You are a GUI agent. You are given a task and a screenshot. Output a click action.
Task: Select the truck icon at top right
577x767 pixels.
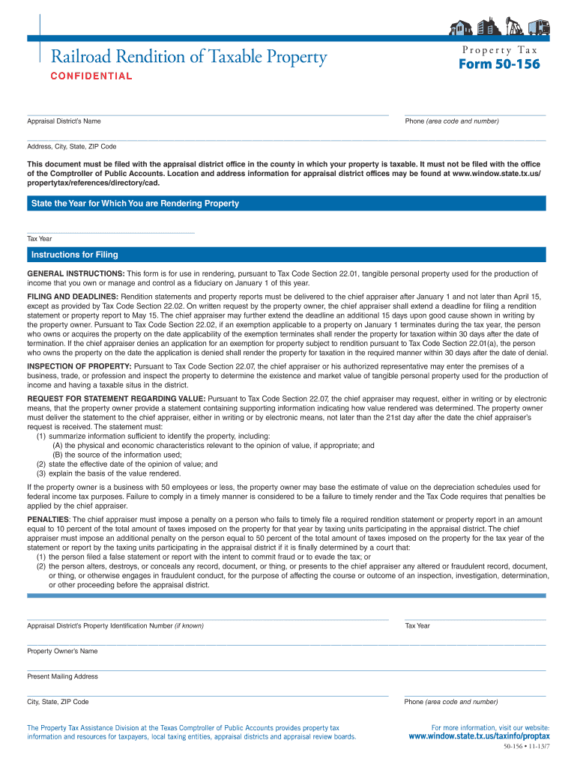click(x=538, y=28)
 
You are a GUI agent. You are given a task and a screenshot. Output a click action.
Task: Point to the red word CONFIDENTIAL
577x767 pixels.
click(x=91, y=76)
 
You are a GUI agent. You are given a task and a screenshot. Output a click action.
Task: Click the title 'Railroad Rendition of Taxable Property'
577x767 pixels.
click(x=189, y=57)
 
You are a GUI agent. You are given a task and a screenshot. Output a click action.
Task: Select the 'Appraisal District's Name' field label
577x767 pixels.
click(x=64, y=121)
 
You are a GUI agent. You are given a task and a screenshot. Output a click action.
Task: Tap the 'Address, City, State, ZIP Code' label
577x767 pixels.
click(x=72, y=146)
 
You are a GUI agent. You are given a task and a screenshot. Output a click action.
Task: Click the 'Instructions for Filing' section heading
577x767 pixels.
click(x=74, y=255)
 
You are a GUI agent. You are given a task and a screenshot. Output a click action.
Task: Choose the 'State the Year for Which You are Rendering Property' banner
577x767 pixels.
click(x=135, y=204)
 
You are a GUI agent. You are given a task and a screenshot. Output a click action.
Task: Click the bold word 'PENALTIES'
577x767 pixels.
click(x=49, y=519)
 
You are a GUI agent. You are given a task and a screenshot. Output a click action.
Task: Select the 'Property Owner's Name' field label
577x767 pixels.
click(x=62, y=652)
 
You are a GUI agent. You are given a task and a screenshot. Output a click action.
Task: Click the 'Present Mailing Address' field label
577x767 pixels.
click(x=63, y=676)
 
